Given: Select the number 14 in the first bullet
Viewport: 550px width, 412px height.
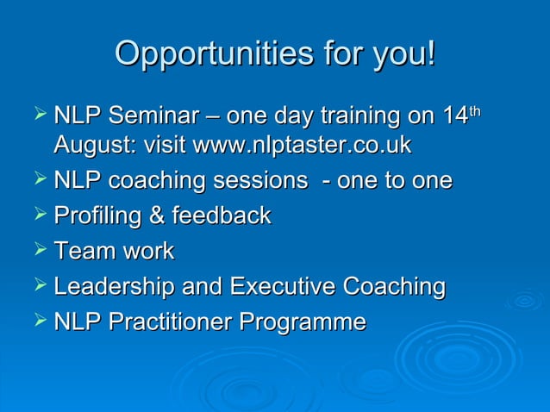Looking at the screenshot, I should pos(454,115).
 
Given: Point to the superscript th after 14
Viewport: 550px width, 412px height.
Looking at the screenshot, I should pos(474,109).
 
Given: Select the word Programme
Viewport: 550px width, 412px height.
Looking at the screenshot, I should pos(303,322).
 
